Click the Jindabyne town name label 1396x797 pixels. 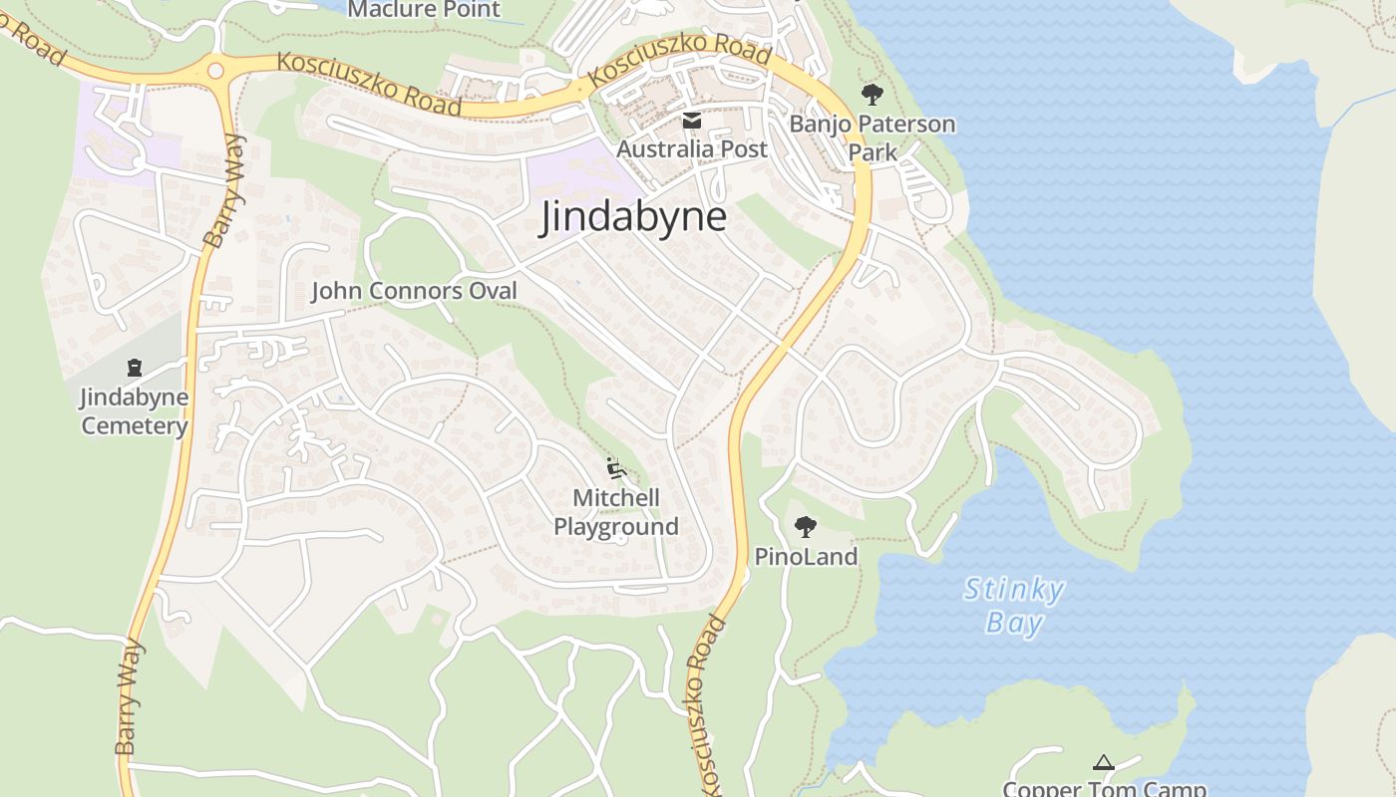(x=633, y=217)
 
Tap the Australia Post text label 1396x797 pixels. (x=692, y=149)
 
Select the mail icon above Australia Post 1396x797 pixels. (x=691, y=122)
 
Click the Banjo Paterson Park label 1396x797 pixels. (x=872, y=138)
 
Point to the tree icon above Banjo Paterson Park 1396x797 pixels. (x=872, y=96)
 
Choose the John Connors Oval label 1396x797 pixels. (x=415, y=291)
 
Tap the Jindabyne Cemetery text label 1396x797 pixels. (x=135, y=411)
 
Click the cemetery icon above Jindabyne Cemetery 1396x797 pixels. (x=135, y=368)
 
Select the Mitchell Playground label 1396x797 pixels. (x=616, y=512)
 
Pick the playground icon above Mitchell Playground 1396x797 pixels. (x=615, y=467)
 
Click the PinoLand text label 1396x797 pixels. (x=806, y=557)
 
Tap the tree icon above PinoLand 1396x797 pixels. (x=806, y=526)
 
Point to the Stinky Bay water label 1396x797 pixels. (x=1014, y=606)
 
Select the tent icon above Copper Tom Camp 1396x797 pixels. (x=1104, y=763)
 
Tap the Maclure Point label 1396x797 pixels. (x=424, y=10)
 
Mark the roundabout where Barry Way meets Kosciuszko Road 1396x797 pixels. (x=215, y=71)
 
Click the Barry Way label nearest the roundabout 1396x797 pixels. (x=225, y=191)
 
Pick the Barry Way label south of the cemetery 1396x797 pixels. (x=131, y=697)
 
